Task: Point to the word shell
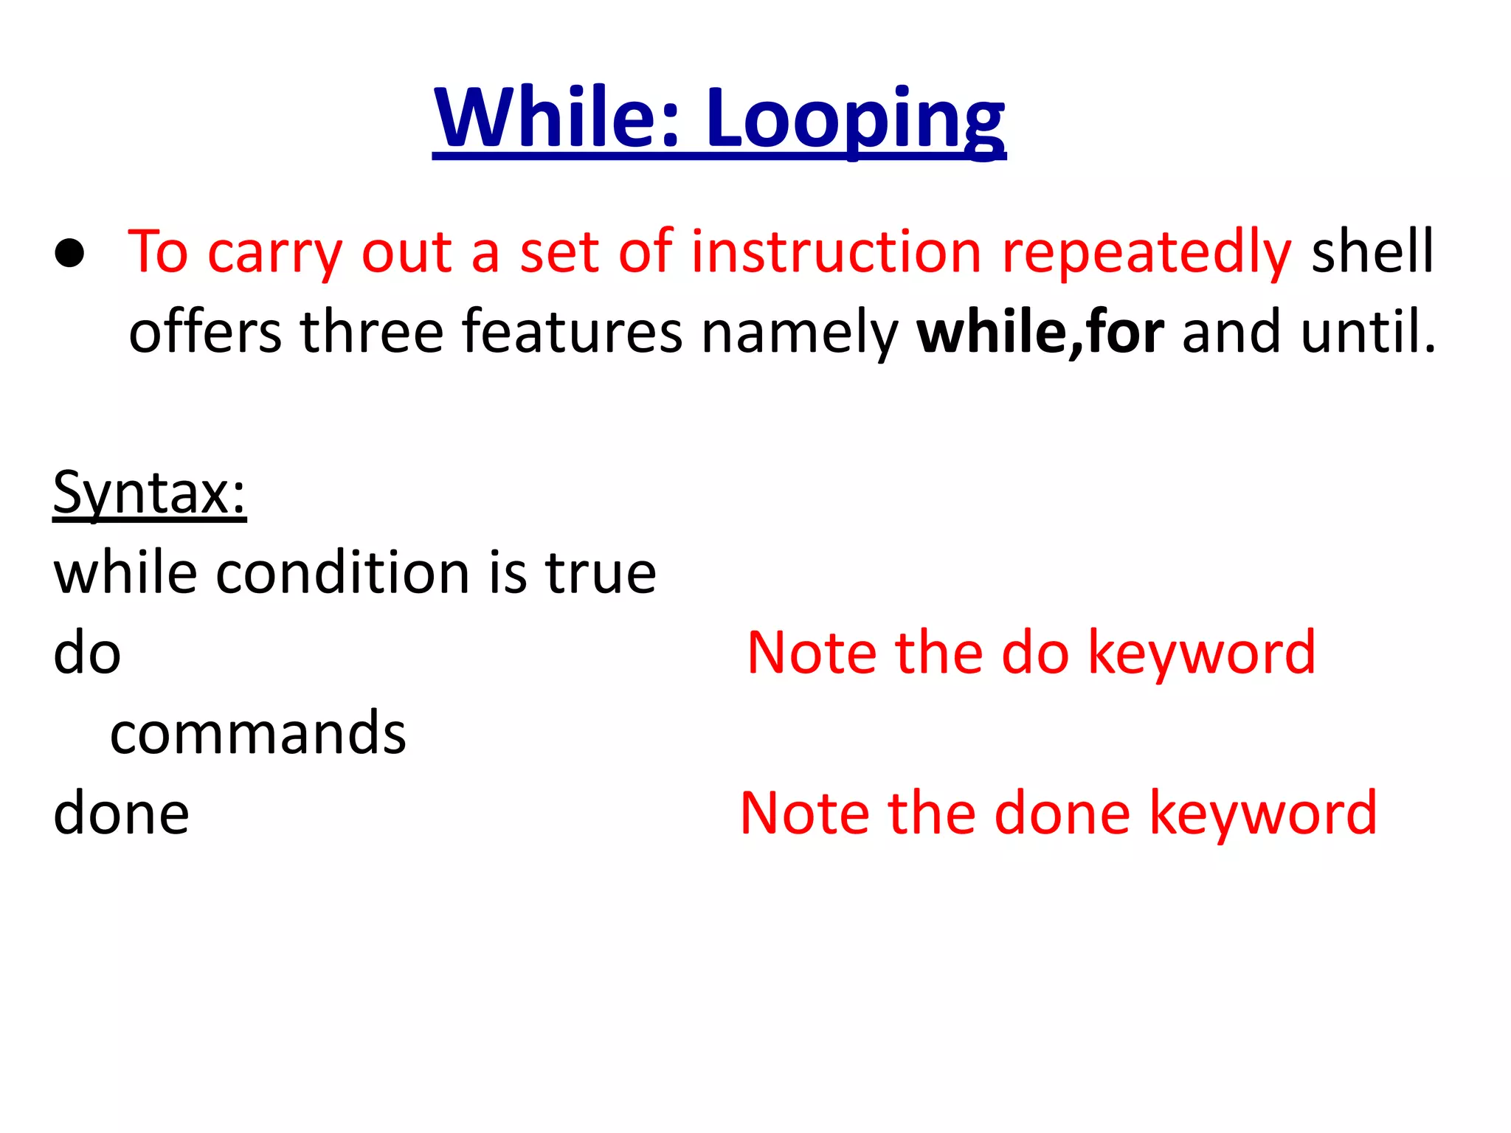pos(1372,253)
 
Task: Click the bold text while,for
pos(1040,333)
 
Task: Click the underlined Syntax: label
pos(149,493)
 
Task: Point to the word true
pos(601,573)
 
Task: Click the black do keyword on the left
pos(87,654)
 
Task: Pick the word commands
pos(258,733)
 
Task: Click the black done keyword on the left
pos(121,813)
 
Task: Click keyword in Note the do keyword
pos(1202,654)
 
